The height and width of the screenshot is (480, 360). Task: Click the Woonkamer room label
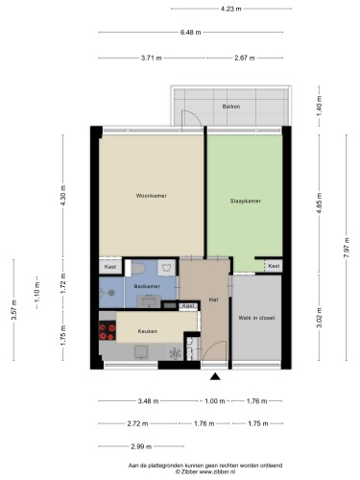point(151,196)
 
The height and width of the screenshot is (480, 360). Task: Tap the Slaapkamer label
point(245,201)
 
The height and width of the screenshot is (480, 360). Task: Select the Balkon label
point(231,107)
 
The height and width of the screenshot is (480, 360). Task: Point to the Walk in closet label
point(256,318)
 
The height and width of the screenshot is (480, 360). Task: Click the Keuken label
point(148,331)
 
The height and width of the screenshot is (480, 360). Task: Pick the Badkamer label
point(147,286)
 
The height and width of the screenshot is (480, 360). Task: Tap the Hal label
point(213,300)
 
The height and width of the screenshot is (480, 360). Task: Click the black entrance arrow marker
point(215,376)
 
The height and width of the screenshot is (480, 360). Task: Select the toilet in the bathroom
point(138,268)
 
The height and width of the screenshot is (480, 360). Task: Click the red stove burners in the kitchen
point(108,332)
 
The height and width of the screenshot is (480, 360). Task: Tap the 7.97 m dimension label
point(347,248)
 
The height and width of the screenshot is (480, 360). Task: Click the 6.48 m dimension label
point(190,33)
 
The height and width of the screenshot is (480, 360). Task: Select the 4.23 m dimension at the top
point(230,9)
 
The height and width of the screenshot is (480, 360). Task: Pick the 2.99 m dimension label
point(141,446)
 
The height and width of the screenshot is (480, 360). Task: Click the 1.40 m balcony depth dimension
point(319,106)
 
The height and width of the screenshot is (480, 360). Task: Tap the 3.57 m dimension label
point(13,309)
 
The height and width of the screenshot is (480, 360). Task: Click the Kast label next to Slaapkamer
point(274,266)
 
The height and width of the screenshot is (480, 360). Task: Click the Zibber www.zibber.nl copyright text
point(205,471)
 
